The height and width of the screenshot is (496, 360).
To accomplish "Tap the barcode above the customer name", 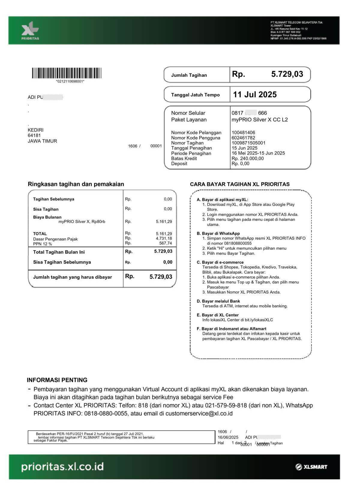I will pos(67,73).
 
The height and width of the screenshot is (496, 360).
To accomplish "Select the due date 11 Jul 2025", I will pos(255,95).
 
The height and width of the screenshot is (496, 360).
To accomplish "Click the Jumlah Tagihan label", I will pos(189,75).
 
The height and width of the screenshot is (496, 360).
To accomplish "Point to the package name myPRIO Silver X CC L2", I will pos(259,119).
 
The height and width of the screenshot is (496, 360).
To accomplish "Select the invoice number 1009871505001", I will pos(248,143).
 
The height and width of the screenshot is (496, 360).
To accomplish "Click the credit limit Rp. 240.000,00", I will pos(247,159).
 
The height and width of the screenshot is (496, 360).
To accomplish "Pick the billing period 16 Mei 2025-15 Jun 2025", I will pos(258,153).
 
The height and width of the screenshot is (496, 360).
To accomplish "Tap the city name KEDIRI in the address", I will pos(35,130).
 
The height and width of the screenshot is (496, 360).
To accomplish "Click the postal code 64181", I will pos(34,135).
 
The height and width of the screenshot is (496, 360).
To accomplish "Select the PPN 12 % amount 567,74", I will pos(166,243).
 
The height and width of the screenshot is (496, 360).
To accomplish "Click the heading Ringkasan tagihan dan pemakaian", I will pos(76,184).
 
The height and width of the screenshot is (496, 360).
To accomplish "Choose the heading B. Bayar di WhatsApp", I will pos(218,233).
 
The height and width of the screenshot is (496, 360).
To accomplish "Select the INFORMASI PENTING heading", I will pos(57,380).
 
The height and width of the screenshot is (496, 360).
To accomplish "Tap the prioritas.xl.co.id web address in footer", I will pos(62,467).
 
